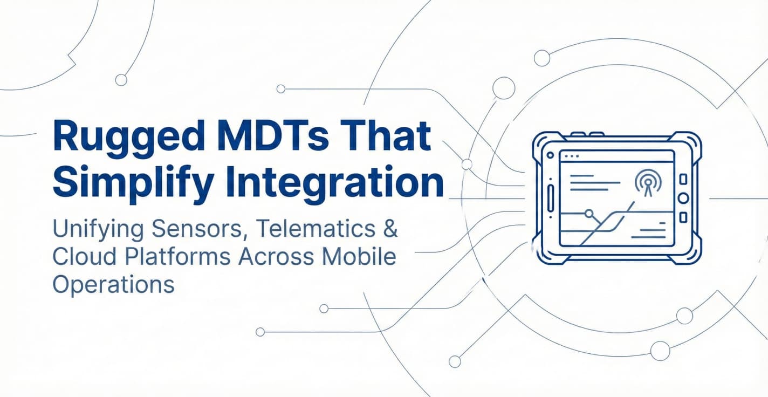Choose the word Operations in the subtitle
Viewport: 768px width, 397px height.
pyautogui.click(x=114, y=284)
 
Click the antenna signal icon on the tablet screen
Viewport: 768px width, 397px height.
pyautogui.click(x=646, y=182)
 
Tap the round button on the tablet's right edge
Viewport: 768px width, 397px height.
pyautogui.click(x=683, y=198)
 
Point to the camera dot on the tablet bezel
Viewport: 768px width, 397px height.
pyautogui.click(x=550, y=154)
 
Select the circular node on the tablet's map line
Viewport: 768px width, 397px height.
pyautogui.click(x=589, y=213)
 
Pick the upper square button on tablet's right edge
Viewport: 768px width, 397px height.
pyautogui.click(x=683, y=179)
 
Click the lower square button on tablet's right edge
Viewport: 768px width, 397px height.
pyautogui.click(x=683, y=217)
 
